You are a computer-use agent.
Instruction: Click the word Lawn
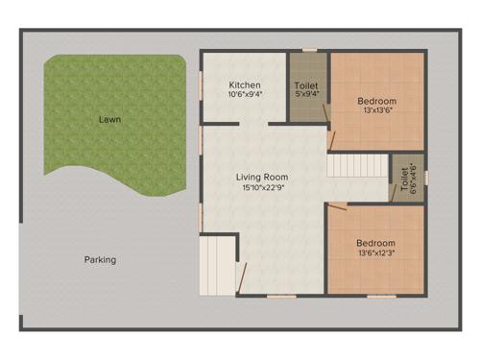click(108, 121)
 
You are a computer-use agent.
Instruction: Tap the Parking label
click(100, 259)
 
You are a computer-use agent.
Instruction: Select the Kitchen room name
click(245, 84)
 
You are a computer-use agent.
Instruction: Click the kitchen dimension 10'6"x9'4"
click(245, 95)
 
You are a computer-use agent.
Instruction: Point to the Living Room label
click(262, 177)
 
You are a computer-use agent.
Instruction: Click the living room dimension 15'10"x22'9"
click(262, 188)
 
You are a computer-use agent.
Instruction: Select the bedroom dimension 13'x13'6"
click(376, 110)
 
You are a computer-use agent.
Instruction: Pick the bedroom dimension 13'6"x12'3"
click(375, 253)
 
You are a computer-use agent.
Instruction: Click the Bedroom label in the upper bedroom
click(376, 100)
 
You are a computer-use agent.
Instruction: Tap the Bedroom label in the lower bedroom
click(375, 243)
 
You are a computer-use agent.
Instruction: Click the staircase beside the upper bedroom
click(357, 165)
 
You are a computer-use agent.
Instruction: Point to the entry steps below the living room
click(217, 267)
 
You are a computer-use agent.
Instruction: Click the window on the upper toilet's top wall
click(309, 50)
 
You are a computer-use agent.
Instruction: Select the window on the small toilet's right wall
click(426, 178)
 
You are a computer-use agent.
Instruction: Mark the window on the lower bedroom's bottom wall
click(381, 296)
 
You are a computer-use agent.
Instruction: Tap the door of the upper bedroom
click(328, 120)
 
